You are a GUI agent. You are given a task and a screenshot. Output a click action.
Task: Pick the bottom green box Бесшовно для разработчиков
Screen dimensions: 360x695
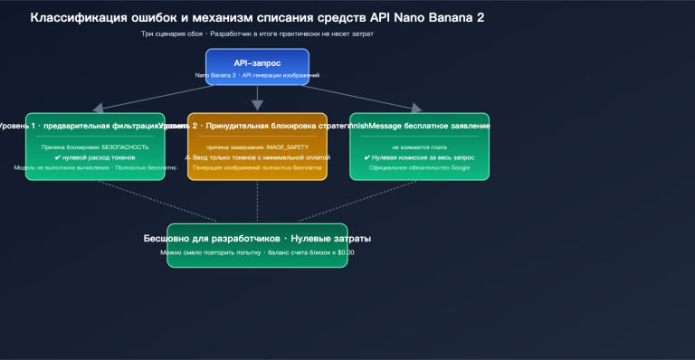point(257,245)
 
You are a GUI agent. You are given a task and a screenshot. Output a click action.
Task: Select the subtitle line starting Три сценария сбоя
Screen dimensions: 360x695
point(257,33)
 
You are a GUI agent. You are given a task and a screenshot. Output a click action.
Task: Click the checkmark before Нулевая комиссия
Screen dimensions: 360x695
point(367,157)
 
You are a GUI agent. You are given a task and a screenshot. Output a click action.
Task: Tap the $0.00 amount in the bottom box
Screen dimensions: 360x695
point(344,252)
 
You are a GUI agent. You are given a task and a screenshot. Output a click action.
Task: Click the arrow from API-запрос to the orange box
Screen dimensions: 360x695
point(257,99)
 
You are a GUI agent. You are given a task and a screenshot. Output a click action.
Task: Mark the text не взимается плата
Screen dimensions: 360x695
point(419,147)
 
